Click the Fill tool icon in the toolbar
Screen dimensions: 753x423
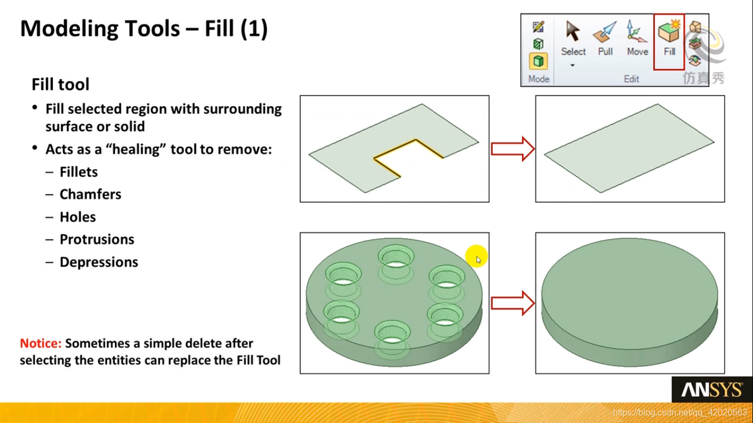[669, 31]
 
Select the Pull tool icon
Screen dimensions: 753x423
[605, 32]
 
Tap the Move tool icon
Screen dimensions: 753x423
[636, 31]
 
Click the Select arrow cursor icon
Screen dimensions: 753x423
[573, 31]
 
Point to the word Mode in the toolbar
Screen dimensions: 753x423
[539, 79]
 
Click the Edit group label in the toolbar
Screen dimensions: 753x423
[631, 79]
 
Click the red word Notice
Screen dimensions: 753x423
[41, 343]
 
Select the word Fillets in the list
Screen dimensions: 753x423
[79, 172]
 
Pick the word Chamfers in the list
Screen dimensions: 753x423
[90, 194]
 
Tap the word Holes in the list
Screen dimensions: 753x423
[78, 217]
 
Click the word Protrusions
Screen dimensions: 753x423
[97, 240]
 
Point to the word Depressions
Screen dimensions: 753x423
[99, 262]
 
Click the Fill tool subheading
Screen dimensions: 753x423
[61, 84]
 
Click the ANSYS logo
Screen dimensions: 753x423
[712, 390]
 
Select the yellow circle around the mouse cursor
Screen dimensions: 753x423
[476, 256]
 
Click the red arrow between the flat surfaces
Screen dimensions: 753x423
[512, 149]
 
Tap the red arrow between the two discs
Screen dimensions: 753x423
[512, 303]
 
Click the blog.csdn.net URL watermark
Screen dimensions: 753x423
[680, 413]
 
